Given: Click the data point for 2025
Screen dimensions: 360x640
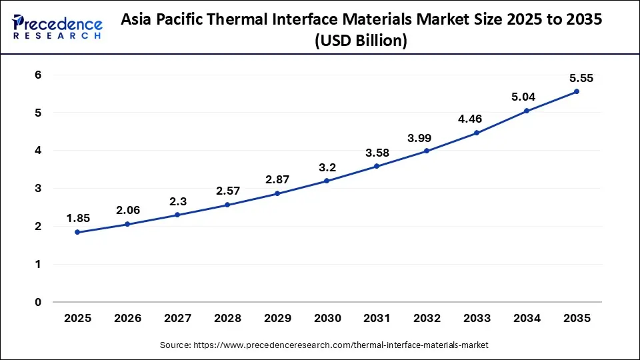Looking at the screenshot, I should click(77, 232).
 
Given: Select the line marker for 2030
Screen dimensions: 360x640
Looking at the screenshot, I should click(327, 181).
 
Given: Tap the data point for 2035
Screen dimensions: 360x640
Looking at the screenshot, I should click(577, 91).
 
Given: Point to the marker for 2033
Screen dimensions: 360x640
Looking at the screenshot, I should click(477, 133).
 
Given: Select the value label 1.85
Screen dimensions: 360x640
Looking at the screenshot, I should click(77, 217).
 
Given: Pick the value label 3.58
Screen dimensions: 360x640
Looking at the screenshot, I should click(377, 152).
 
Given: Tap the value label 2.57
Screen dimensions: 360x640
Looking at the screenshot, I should click(227, 191).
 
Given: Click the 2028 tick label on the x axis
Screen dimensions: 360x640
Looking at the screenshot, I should click(227, 319).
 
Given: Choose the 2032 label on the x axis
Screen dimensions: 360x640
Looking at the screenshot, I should click(427, 319).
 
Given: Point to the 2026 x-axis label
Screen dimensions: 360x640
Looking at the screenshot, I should click(127, 319).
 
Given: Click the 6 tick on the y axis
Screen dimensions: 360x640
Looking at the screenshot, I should click(39, 75).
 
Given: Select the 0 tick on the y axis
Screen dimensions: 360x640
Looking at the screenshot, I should click(39, 302).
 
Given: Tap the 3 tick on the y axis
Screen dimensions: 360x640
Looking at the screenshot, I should click(39, 189).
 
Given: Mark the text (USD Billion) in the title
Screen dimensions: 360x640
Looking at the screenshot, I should click(361, 41).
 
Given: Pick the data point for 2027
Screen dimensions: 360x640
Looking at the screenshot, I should click(177, 215).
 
